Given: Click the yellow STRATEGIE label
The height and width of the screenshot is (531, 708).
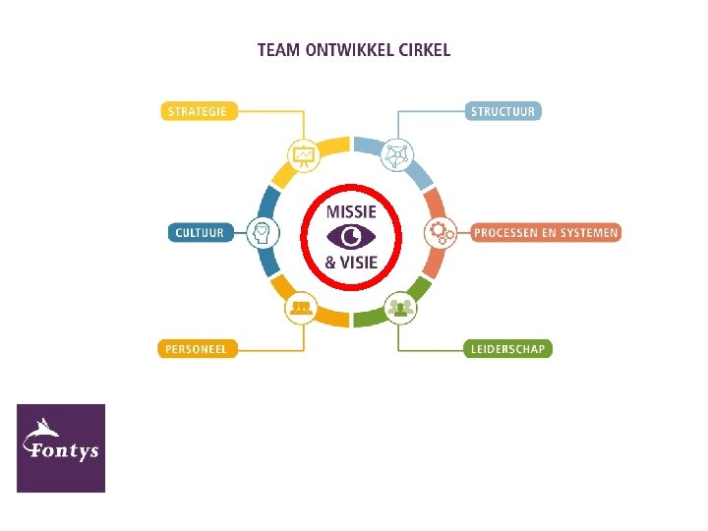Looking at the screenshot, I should (197, 111).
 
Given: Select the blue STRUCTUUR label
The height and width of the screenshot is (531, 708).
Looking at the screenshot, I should (502, 111).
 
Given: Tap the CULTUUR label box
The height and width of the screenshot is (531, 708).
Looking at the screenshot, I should (200, 233).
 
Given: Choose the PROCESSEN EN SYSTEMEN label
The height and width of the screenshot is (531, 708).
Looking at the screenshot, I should (546, 233).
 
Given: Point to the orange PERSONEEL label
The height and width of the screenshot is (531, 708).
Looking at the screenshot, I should (198, 348).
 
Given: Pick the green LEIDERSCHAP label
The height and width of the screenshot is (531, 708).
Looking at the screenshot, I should (507, 348).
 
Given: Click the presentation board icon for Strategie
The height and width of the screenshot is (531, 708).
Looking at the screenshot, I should (302, 154).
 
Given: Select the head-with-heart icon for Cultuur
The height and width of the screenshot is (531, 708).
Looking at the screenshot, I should (263, 233).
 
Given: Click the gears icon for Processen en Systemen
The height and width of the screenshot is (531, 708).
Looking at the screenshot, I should (440, 233).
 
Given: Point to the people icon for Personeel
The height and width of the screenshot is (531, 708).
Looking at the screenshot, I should (301, 309).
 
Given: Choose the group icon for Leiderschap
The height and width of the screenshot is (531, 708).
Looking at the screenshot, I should (399, 309).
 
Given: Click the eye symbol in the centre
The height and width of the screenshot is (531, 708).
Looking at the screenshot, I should (351, 236).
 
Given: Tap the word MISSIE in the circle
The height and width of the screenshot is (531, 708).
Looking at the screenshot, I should (351, 210).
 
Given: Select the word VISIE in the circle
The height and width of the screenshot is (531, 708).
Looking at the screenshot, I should (360, 263).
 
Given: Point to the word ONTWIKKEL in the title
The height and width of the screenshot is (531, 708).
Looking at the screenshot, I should (344, 49).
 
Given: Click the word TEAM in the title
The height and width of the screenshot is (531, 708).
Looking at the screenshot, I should (278, 49).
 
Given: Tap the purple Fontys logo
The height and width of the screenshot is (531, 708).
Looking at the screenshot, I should (61, 447).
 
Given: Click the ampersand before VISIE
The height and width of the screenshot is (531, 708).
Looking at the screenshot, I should (331, 263).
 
